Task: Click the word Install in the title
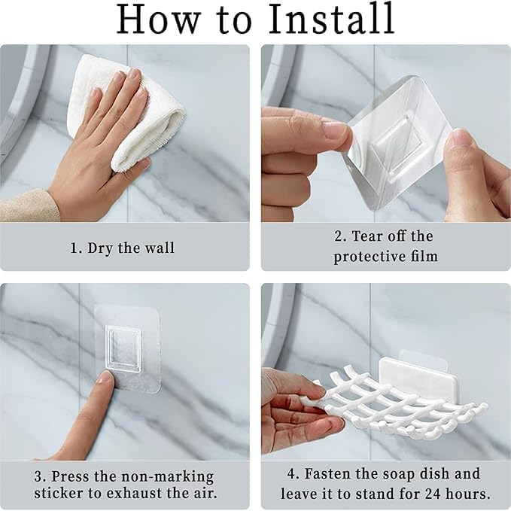[330, 18]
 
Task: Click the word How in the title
[158, 18]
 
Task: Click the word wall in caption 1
[160, 248]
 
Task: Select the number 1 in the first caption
[75, 248]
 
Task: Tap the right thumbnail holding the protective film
[457, 139]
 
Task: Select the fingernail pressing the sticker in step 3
[107, 378]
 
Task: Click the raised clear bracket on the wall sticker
[124, 349]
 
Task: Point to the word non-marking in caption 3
[168, 477]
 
